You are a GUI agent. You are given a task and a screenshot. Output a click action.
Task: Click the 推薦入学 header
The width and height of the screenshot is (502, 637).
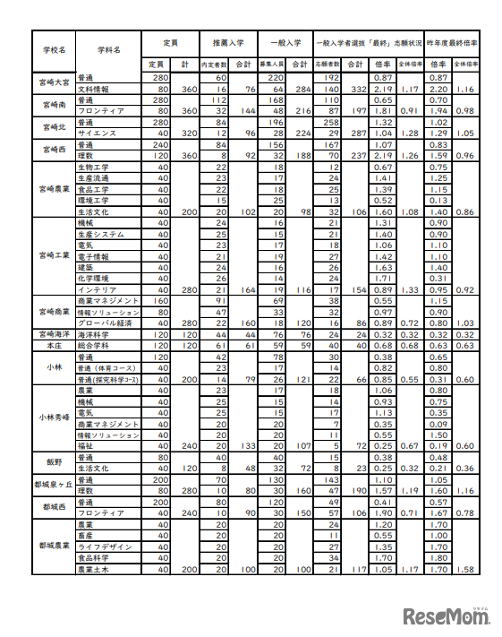click(x=228, y=41)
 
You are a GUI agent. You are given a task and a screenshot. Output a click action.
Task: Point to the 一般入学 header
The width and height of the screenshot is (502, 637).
click(x=285, y=41)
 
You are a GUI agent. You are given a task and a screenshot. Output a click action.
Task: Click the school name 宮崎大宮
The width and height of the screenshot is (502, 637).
click(x=54, y=84)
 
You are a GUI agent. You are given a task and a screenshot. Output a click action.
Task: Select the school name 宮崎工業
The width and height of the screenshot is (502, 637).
click(x=54, y=255)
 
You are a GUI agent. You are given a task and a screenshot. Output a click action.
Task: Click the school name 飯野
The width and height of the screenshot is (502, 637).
click(x=54, y=461)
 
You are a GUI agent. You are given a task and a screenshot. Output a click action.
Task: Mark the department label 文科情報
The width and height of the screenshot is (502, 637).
click(x=93, y=90)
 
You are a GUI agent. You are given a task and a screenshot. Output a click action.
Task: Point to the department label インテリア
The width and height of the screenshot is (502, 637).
click(x=95, y=289)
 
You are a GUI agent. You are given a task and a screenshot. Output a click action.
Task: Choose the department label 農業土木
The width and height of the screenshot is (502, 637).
click(x=93, y=569)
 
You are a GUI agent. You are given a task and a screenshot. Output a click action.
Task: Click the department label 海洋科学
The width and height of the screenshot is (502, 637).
click(x=93, y=333)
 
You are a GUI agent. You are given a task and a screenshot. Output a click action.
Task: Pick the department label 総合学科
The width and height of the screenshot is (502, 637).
click(x=93, y=345)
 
